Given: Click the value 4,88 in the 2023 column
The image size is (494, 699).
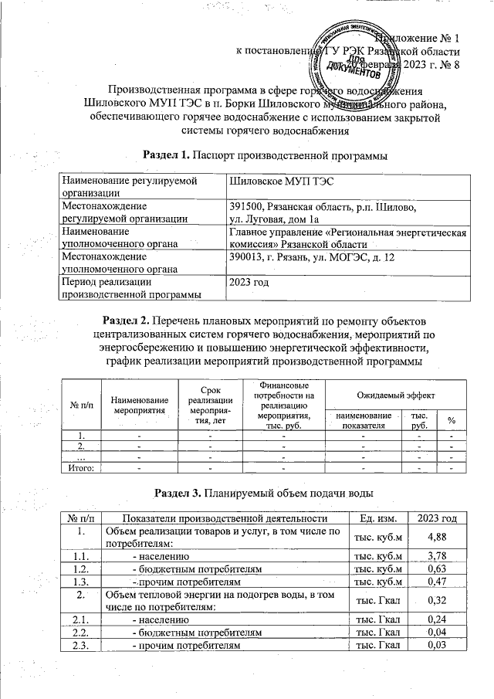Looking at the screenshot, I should pyautogui.click(x=438, y=538).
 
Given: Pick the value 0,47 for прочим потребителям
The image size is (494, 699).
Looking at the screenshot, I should pyautogui.click(x=438, y=584).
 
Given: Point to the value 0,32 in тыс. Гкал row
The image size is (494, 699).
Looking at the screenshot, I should pyautogui.click(x=438, y=603).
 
